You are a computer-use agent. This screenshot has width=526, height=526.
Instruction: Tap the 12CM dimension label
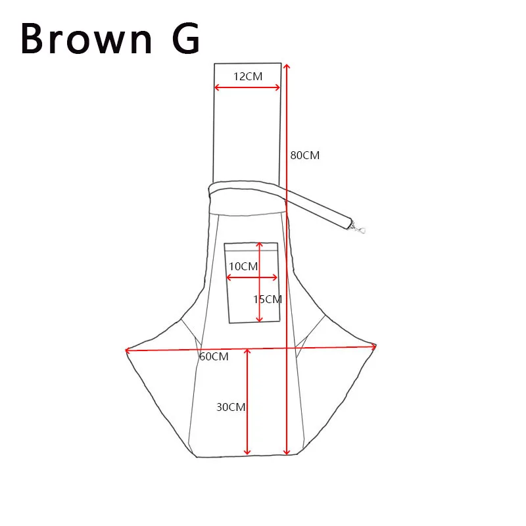click(248, 76)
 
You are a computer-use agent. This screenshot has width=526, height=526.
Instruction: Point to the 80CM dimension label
click(304, 156)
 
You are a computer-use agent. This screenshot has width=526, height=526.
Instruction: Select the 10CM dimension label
click(243, 266)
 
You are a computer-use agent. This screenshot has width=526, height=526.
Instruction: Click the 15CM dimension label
click(268, 299)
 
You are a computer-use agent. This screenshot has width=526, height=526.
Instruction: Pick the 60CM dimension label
click(214, 356)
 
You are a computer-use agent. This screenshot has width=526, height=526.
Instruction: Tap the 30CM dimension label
click(231, 407)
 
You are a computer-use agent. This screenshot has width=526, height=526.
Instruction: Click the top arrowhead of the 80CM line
click(286, 66)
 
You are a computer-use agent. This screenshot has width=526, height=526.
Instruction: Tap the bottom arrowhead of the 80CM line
click(287, 452)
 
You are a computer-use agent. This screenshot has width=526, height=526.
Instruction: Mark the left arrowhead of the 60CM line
click(128, 350)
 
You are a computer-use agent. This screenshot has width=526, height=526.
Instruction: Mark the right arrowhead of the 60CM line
click(373, 345)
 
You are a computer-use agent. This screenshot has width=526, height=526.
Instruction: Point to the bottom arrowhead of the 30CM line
click(247, 452)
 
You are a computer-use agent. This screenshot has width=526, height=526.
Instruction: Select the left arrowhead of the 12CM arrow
click(217, 87)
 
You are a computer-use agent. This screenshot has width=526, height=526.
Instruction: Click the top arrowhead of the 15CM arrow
click(259, 245)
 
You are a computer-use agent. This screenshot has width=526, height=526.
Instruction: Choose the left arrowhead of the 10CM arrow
click(228, 277)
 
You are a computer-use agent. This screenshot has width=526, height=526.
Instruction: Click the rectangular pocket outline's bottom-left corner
click(229, 322)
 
